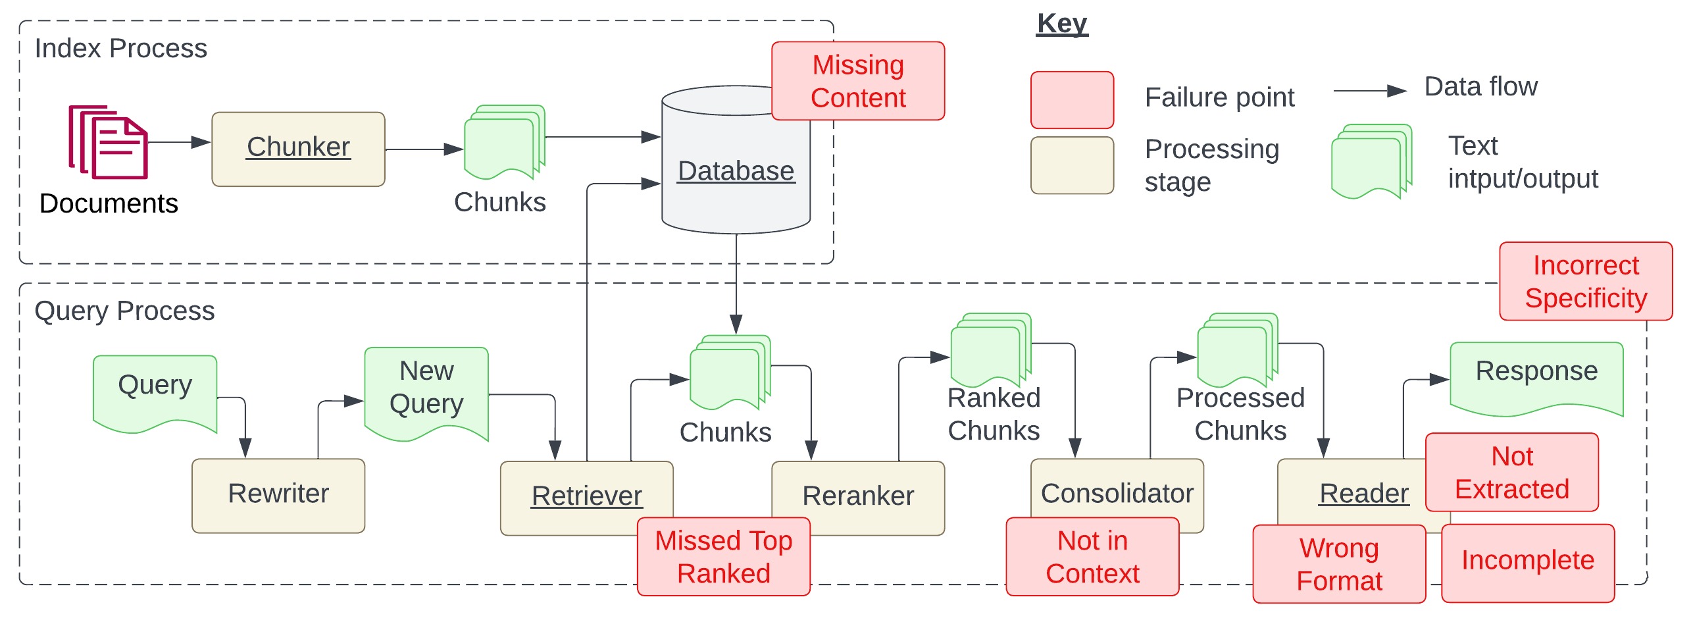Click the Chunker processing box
click(x=298, y=149)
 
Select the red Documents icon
click(x=109, y=142)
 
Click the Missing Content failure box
click(x=857, y=81)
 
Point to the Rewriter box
click(x=278, y=495)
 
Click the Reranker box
click(x=857, y=495)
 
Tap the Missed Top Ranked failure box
click(x=723, y=557)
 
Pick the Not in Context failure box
click(x=1092, y=557)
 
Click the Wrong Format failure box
click(x=1338, y=564)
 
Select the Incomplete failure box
click(x=1527, y=561)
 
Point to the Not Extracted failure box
click(x=1511, y=473)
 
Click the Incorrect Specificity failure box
click(x=1585, y=282)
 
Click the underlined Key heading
click(x=1061, y=24)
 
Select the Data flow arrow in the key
click(x=1369, y=91)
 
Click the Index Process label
click(x=120, y=49)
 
